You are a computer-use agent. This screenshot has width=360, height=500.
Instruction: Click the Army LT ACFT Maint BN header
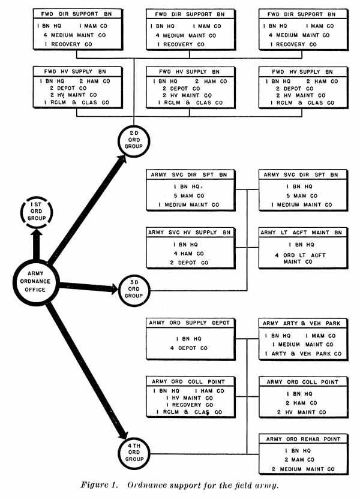tap(302, 232)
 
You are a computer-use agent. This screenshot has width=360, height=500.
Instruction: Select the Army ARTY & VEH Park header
tap(302, 323)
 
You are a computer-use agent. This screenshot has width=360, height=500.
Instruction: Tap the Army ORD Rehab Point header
tap(302, 439)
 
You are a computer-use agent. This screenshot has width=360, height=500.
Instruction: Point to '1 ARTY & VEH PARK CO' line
tap(302, 354)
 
